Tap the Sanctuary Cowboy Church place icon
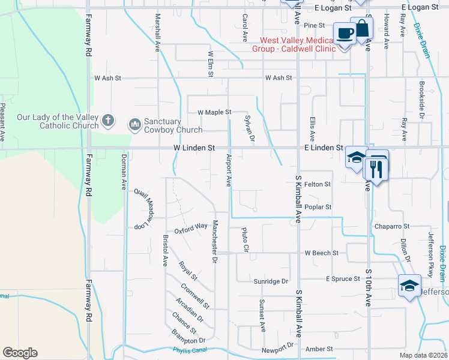click(134, 125)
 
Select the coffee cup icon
click(344, 33)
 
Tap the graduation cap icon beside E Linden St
click(357, 158)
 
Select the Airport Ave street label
click(229, 170)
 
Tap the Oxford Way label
click(190, 229)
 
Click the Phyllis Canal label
click(188, 350)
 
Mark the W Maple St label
click(214, 112)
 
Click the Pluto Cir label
click(244, 239)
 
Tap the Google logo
click(20, 353)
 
